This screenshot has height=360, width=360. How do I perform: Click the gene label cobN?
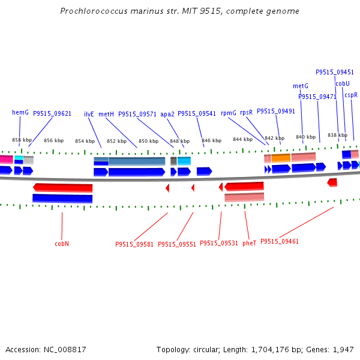[62, 244]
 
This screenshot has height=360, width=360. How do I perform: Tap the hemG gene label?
[20, 112]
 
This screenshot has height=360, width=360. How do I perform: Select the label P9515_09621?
[52, 113]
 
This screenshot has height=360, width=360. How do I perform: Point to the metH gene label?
[106, 113]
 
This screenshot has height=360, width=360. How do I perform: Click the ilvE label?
[89, 113]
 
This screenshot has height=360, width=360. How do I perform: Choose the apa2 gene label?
[167, 113]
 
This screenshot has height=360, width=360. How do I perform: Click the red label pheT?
[250, 243]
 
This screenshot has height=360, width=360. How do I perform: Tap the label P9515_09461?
[280, 241]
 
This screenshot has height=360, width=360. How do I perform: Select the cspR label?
[351, 95]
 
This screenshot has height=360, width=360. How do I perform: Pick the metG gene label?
[301, 86]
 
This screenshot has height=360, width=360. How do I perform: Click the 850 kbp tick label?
[148, 142]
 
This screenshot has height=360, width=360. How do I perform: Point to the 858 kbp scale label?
[22, 140]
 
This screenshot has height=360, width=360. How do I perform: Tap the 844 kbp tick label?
[242, 140]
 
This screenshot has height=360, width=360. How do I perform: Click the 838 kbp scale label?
[337, 135]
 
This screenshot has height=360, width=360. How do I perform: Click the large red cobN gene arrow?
[63, 188]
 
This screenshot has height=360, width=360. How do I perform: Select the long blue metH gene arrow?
[136, 172]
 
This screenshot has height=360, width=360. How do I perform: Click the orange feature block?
[281, 157]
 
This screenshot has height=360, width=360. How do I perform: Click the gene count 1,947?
[343, 349]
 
